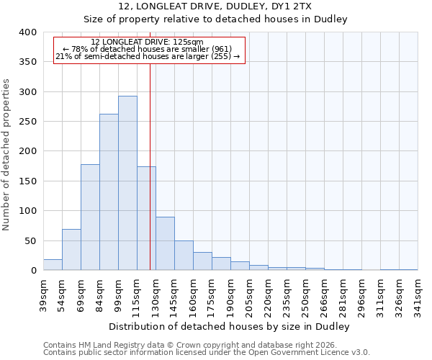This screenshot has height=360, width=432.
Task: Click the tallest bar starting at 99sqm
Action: tap(127, 184)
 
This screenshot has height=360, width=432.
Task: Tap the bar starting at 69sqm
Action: tap(90, 217)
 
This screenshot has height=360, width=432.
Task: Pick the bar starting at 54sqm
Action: tap(71, 250)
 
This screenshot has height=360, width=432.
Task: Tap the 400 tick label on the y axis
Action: tap(27, 32)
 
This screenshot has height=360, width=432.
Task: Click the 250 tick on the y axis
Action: tap(27, 122)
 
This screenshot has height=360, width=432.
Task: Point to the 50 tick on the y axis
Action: tap(30, 240)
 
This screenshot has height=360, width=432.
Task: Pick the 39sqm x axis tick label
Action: tap(42, 294)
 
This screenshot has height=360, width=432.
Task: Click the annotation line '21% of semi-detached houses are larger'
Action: tap(148, 56)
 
